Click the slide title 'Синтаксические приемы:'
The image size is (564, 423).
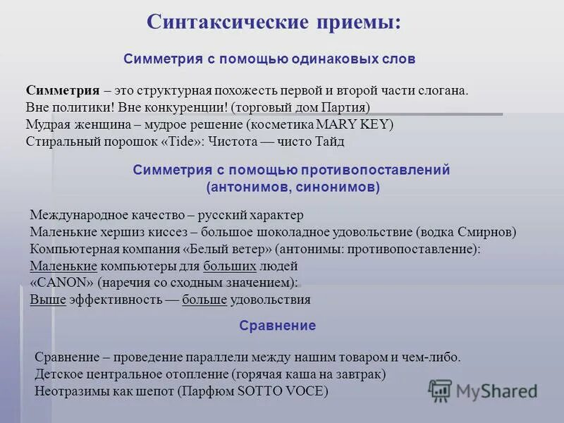click(x=274, y=21)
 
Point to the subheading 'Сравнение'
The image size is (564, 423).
click(x=277, y=326)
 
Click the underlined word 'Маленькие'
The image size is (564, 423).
click(x=63, y=266)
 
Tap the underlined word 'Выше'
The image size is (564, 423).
click(x=48, y=300)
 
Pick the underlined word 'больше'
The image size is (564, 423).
click(x=204, y=300)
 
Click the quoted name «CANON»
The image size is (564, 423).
click(x=62, y=283)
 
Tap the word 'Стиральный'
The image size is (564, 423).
click(x=60, y=141)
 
